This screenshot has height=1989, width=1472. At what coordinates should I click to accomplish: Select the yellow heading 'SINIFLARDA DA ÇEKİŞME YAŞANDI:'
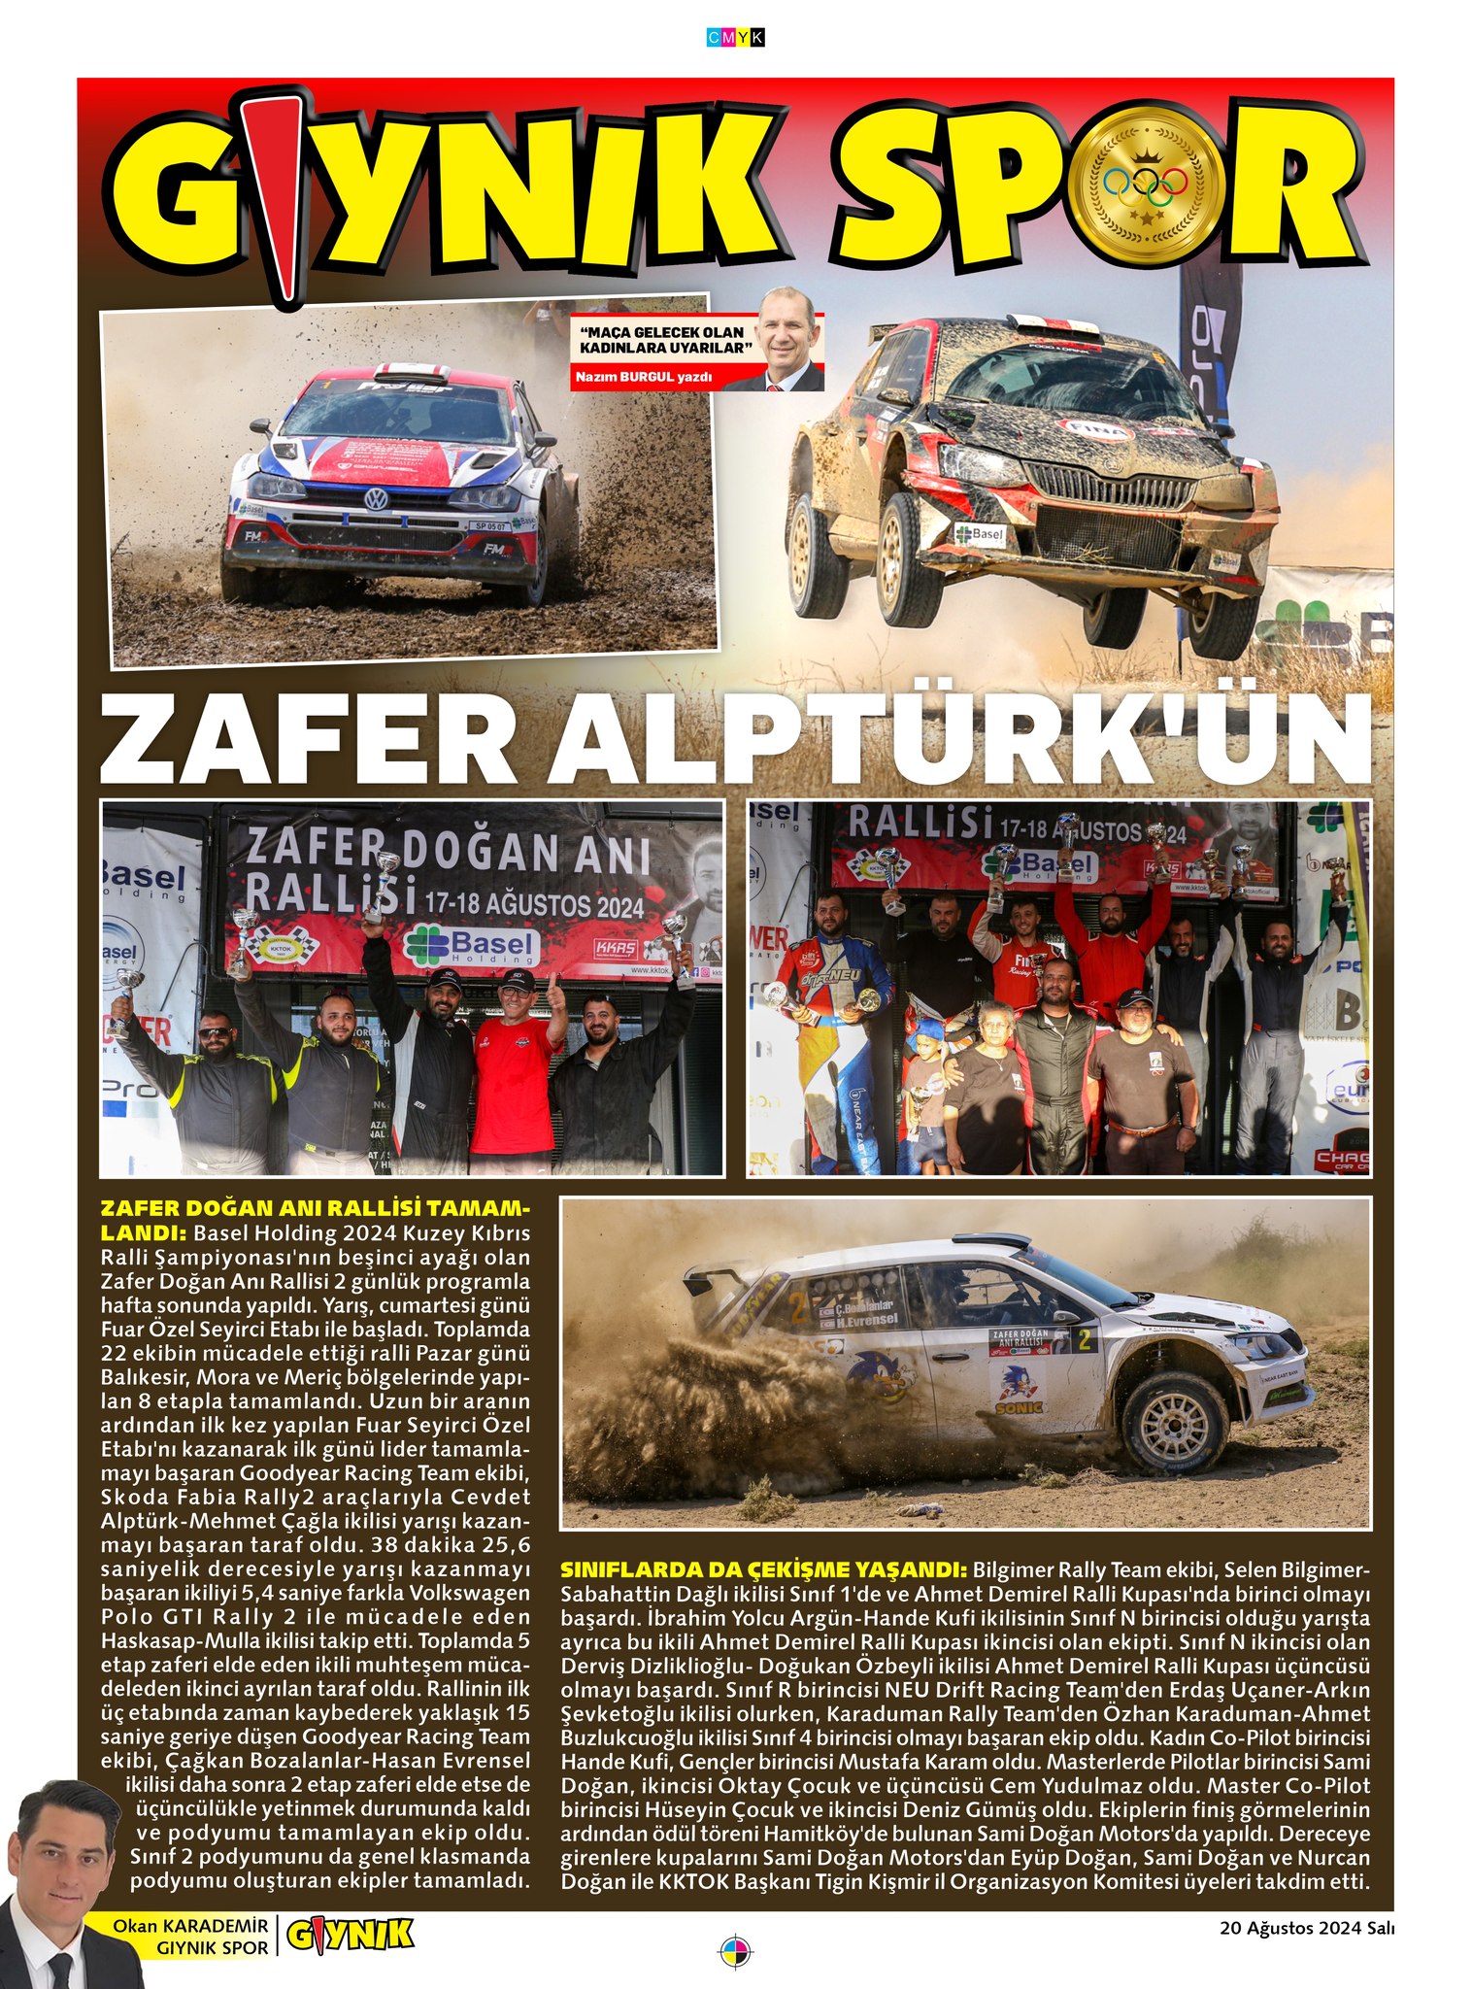[763, 1569]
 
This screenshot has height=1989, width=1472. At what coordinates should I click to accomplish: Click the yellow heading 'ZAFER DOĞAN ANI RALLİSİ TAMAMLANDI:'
[316, 1220]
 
